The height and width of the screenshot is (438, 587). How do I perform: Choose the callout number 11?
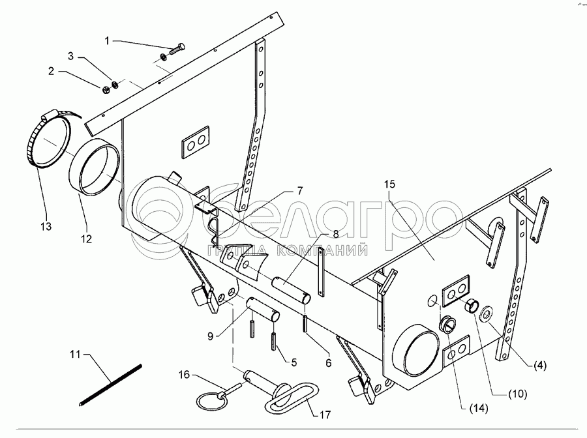76,354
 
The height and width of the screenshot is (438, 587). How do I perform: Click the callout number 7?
300,191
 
